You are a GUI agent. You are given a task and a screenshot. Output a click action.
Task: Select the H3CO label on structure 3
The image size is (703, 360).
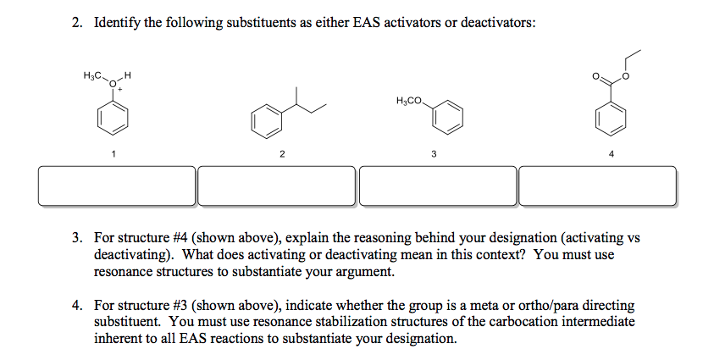[x=408, y=102]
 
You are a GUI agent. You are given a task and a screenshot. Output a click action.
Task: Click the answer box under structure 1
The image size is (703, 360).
[x=117, y=186]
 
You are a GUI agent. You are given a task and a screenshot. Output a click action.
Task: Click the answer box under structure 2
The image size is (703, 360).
[x=277, y=186]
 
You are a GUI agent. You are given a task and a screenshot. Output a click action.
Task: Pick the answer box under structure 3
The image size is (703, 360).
[x=438, y=186]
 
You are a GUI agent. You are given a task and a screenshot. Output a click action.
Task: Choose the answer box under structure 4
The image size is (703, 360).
[x=598, y=186]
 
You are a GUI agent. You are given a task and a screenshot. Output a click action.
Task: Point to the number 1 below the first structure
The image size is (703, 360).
[x=113, y=154]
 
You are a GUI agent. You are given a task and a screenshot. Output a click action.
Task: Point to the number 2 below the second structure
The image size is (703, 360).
[x=282, y=154]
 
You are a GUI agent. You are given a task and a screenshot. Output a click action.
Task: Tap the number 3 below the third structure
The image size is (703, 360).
[x=434, y=154]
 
